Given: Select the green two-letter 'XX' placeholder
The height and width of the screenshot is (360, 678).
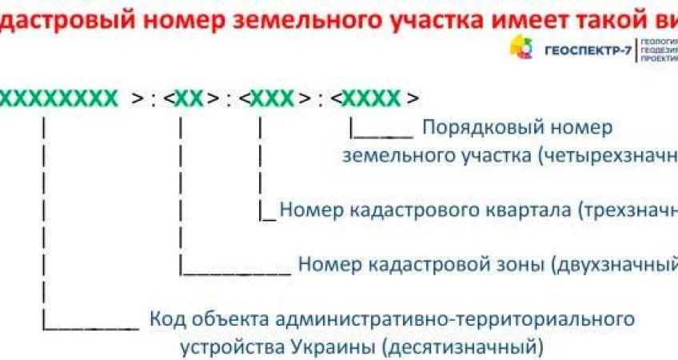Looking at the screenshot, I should tap(189, 98).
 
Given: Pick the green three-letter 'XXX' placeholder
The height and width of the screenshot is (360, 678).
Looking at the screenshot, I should tap(272, 98).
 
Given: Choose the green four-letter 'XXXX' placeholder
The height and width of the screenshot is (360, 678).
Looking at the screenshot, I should tap(371, 98).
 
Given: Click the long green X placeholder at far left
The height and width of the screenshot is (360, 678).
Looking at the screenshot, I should tap(58, 98).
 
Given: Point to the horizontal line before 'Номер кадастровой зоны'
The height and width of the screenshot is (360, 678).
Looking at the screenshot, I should tap(235, 273).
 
